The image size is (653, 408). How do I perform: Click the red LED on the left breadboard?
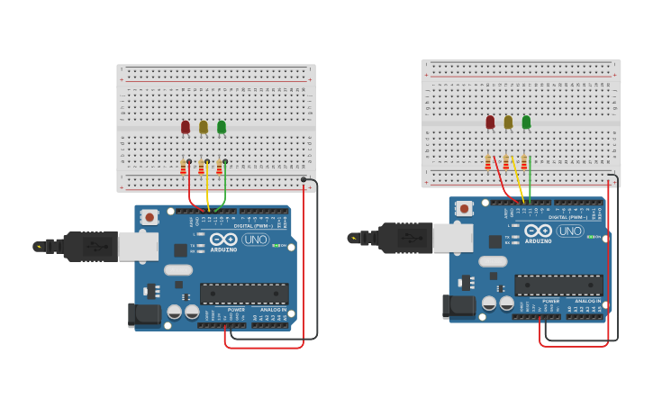(186, 127)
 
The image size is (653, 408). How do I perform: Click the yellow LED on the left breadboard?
(204, 127)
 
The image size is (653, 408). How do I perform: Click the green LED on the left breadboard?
(222, 127)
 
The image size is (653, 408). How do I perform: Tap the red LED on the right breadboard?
(490, 122)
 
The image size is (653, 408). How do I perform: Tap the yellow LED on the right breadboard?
(508, 122)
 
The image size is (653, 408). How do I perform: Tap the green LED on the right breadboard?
(526, 122)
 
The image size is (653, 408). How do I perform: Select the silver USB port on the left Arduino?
(138, 246)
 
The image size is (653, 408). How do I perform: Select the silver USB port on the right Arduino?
(452, 238)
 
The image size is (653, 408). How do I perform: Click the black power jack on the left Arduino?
(144, 314)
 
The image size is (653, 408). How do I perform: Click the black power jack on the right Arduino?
(458, 306)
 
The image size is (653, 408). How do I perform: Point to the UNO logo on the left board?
(256, 240)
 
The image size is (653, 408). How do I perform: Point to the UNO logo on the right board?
(570, 231)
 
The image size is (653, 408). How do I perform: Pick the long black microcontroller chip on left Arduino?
(244, 294)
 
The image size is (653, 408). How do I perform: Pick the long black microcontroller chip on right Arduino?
(558, 286)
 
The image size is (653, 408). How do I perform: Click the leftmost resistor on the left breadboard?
(184, 168)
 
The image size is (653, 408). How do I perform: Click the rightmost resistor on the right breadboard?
(524, 162)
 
